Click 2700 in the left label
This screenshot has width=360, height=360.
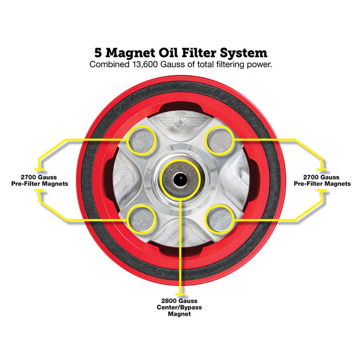pos(28,177)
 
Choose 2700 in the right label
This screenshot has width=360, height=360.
pos(311,177)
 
